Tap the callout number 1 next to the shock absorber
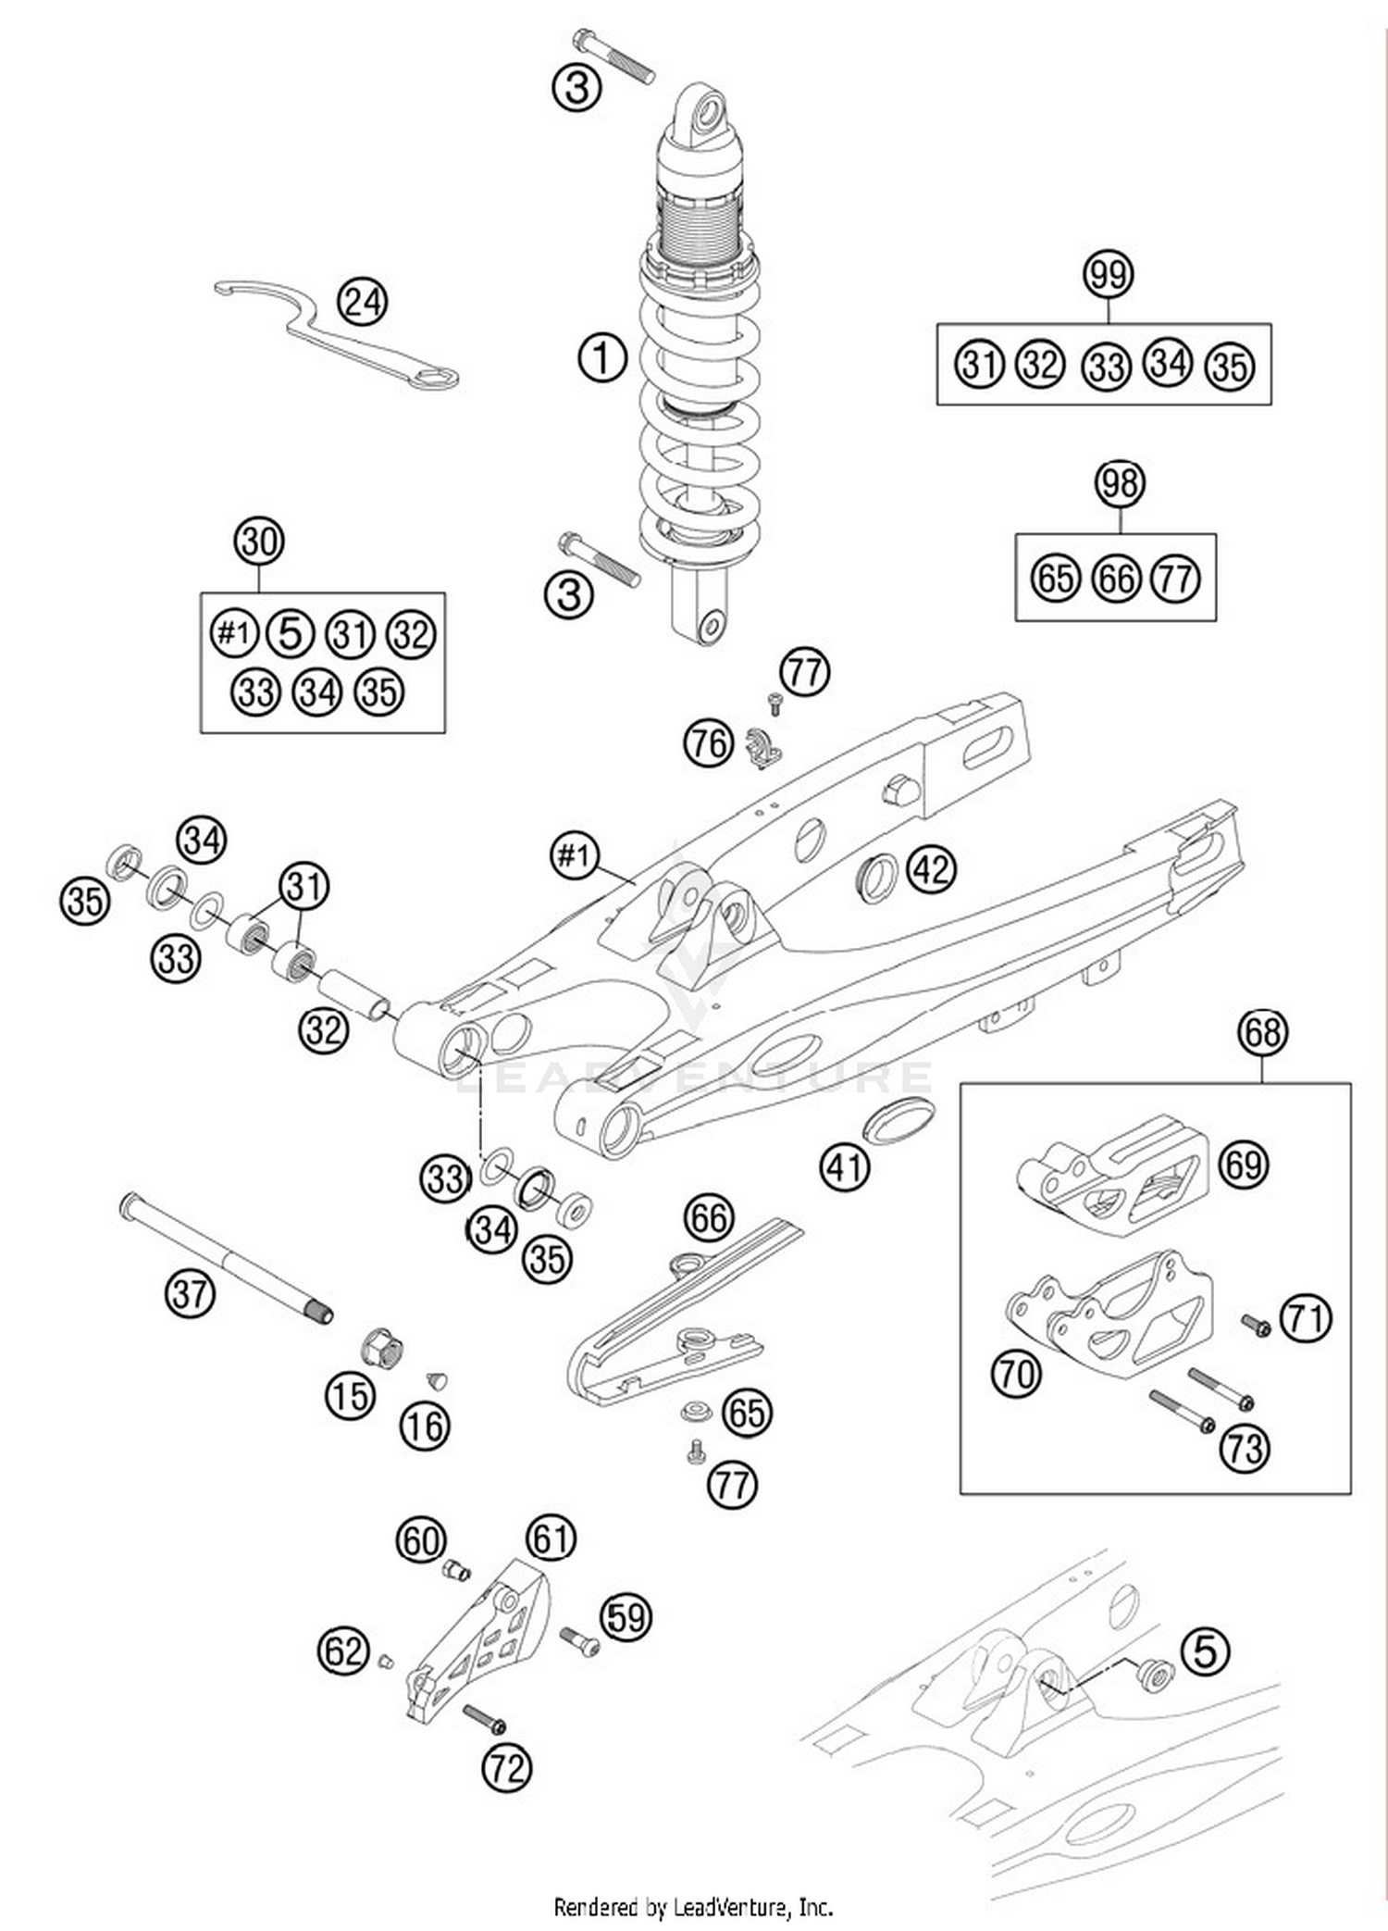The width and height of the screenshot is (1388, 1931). point(602,357)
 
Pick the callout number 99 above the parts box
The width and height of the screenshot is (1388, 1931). point(1108,275)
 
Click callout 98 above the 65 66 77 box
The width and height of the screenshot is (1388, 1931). point(1120,483)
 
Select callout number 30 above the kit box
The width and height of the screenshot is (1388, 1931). point(258,541)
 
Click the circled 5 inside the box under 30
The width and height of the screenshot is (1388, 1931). point(290,634)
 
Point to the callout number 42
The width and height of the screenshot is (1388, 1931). point(931,869)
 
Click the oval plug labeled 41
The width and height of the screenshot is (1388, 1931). point(898,1121)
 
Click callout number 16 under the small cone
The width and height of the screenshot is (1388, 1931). point(425,1426)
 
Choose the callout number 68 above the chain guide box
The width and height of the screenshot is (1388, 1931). point(1263,1031)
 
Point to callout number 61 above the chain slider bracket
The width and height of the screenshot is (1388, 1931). point(551,1538)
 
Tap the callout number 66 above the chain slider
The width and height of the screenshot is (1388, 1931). point(709,1218)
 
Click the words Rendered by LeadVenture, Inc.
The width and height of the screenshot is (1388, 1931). point(693,1907)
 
